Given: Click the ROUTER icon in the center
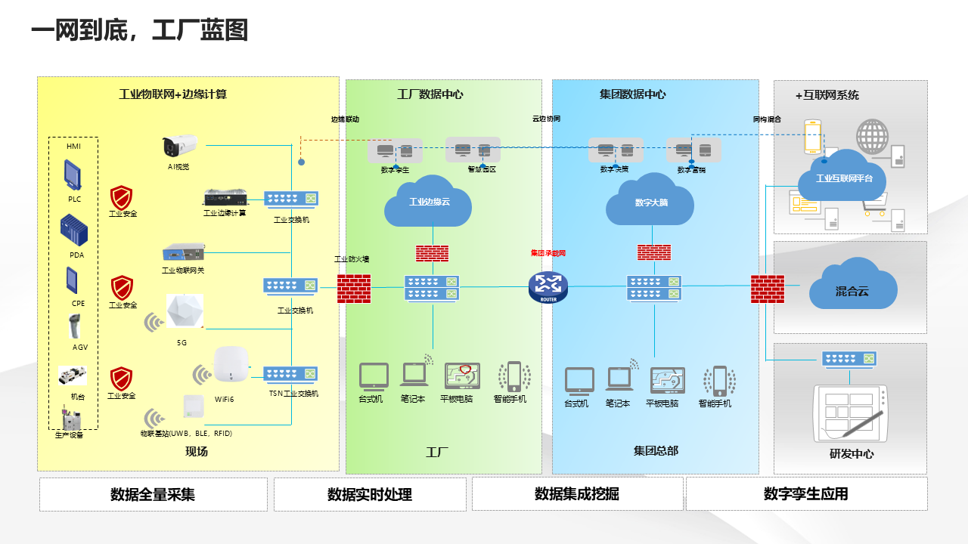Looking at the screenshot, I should click(548, 286).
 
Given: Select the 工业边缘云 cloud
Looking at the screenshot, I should click(428, 201).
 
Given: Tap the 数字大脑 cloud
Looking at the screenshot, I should click(651, 201).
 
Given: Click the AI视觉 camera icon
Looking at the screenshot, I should click(179, 145).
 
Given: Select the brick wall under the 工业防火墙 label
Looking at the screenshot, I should click(354, 287).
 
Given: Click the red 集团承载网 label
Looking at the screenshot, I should click(548, 254).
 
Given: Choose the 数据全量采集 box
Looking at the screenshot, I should click(153, 494).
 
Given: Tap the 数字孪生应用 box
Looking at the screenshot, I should click(806, 494).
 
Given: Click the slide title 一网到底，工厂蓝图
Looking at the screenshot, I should click(140, 31).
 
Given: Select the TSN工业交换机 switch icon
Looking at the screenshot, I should click(291, 374).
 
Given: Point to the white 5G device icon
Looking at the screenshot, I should click(185, 312).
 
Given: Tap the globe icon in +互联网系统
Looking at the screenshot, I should click(873, 137).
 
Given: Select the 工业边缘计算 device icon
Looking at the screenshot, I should click(224, 198).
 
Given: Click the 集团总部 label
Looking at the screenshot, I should click(656, 451).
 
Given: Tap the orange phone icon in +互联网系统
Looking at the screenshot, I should click(813, 138).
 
